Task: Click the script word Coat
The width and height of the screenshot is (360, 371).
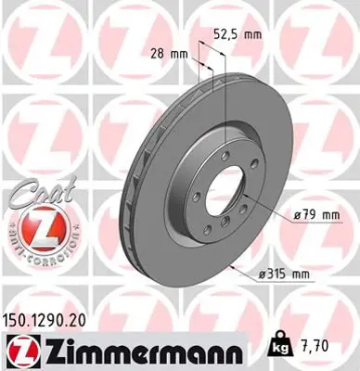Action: [x=33, y=195]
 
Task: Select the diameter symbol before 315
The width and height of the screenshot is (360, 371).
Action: [x=263, y=273]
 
